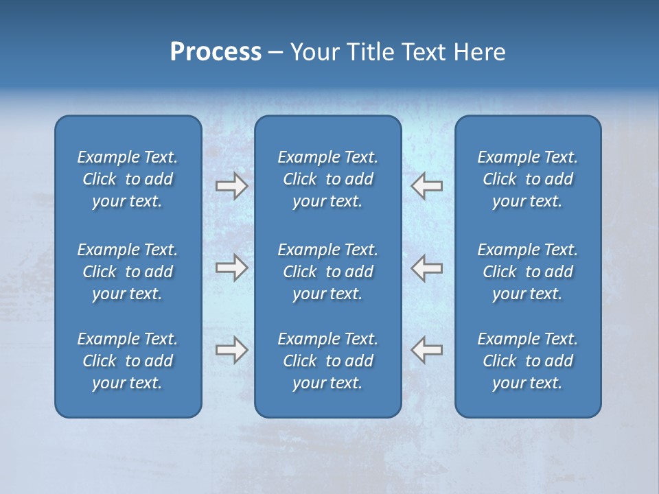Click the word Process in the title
click(216, 52)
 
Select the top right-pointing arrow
click(231, 186)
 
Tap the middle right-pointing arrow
click(231, 268)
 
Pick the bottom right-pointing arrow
click(231, 350)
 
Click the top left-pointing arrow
click(426, 186)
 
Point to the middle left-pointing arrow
click(426, 268)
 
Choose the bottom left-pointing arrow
click(426, 350)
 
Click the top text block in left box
click(128, 179)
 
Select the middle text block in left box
click(128, 272)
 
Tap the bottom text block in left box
click(128, 361)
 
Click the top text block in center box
click(327, 179)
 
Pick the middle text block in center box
click(327, 272)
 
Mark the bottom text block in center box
click(327, 361)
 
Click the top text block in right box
click(527, 179)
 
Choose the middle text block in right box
click(527, 272)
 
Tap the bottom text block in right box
click(527, 361)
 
